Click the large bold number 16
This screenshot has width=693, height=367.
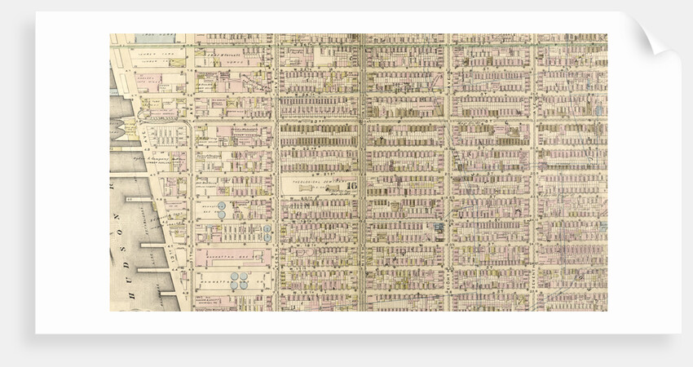point(351,185)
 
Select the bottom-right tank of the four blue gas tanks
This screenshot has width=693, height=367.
point(245,286)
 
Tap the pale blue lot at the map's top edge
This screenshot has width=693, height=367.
point(155,38)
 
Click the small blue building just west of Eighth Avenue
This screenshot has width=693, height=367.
point(439,228)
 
